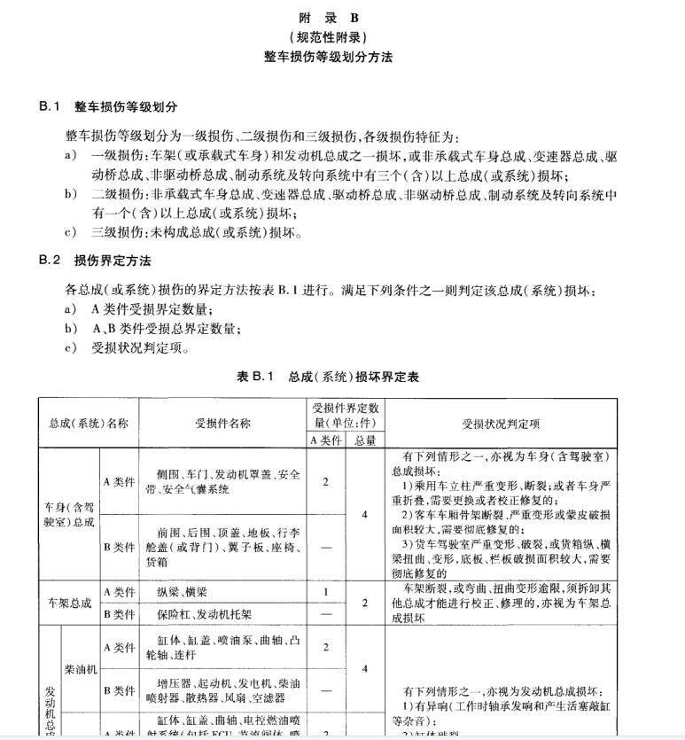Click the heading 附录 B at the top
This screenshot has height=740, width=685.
(x=328, y=18)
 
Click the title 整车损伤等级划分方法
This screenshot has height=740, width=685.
(x=328, y=57)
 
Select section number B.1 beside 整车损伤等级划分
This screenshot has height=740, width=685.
(x=50, y=106)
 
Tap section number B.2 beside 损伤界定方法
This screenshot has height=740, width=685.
(x=50, y=261)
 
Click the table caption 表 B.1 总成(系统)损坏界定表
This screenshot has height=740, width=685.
(x=327, y=377)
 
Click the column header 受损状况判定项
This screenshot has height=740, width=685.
(x=502, y=423)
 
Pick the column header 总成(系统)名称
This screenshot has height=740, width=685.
(x=89, y=423)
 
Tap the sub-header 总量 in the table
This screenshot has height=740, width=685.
(x=365, y=440)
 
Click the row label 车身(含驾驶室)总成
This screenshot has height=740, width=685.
(x=69, y=515)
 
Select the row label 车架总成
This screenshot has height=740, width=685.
(x=69, y=603)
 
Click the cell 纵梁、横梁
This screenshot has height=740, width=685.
(x=184, y=591)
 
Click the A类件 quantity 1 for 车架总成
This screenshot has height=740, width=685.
(x=326, y=591)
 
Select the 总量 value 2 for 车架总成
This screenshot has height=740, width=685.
(x=365, y=603)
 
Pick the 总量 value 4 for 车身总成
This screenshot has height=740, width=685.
(x=365, y=514)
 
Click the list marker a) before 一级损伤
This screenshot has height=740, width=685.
(x=71, y=156)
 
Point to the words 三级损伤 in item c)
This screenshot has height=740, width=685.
(x=117, y=234)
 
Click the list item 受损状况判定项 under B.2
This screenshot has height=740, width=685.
(x=140, y=347)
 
